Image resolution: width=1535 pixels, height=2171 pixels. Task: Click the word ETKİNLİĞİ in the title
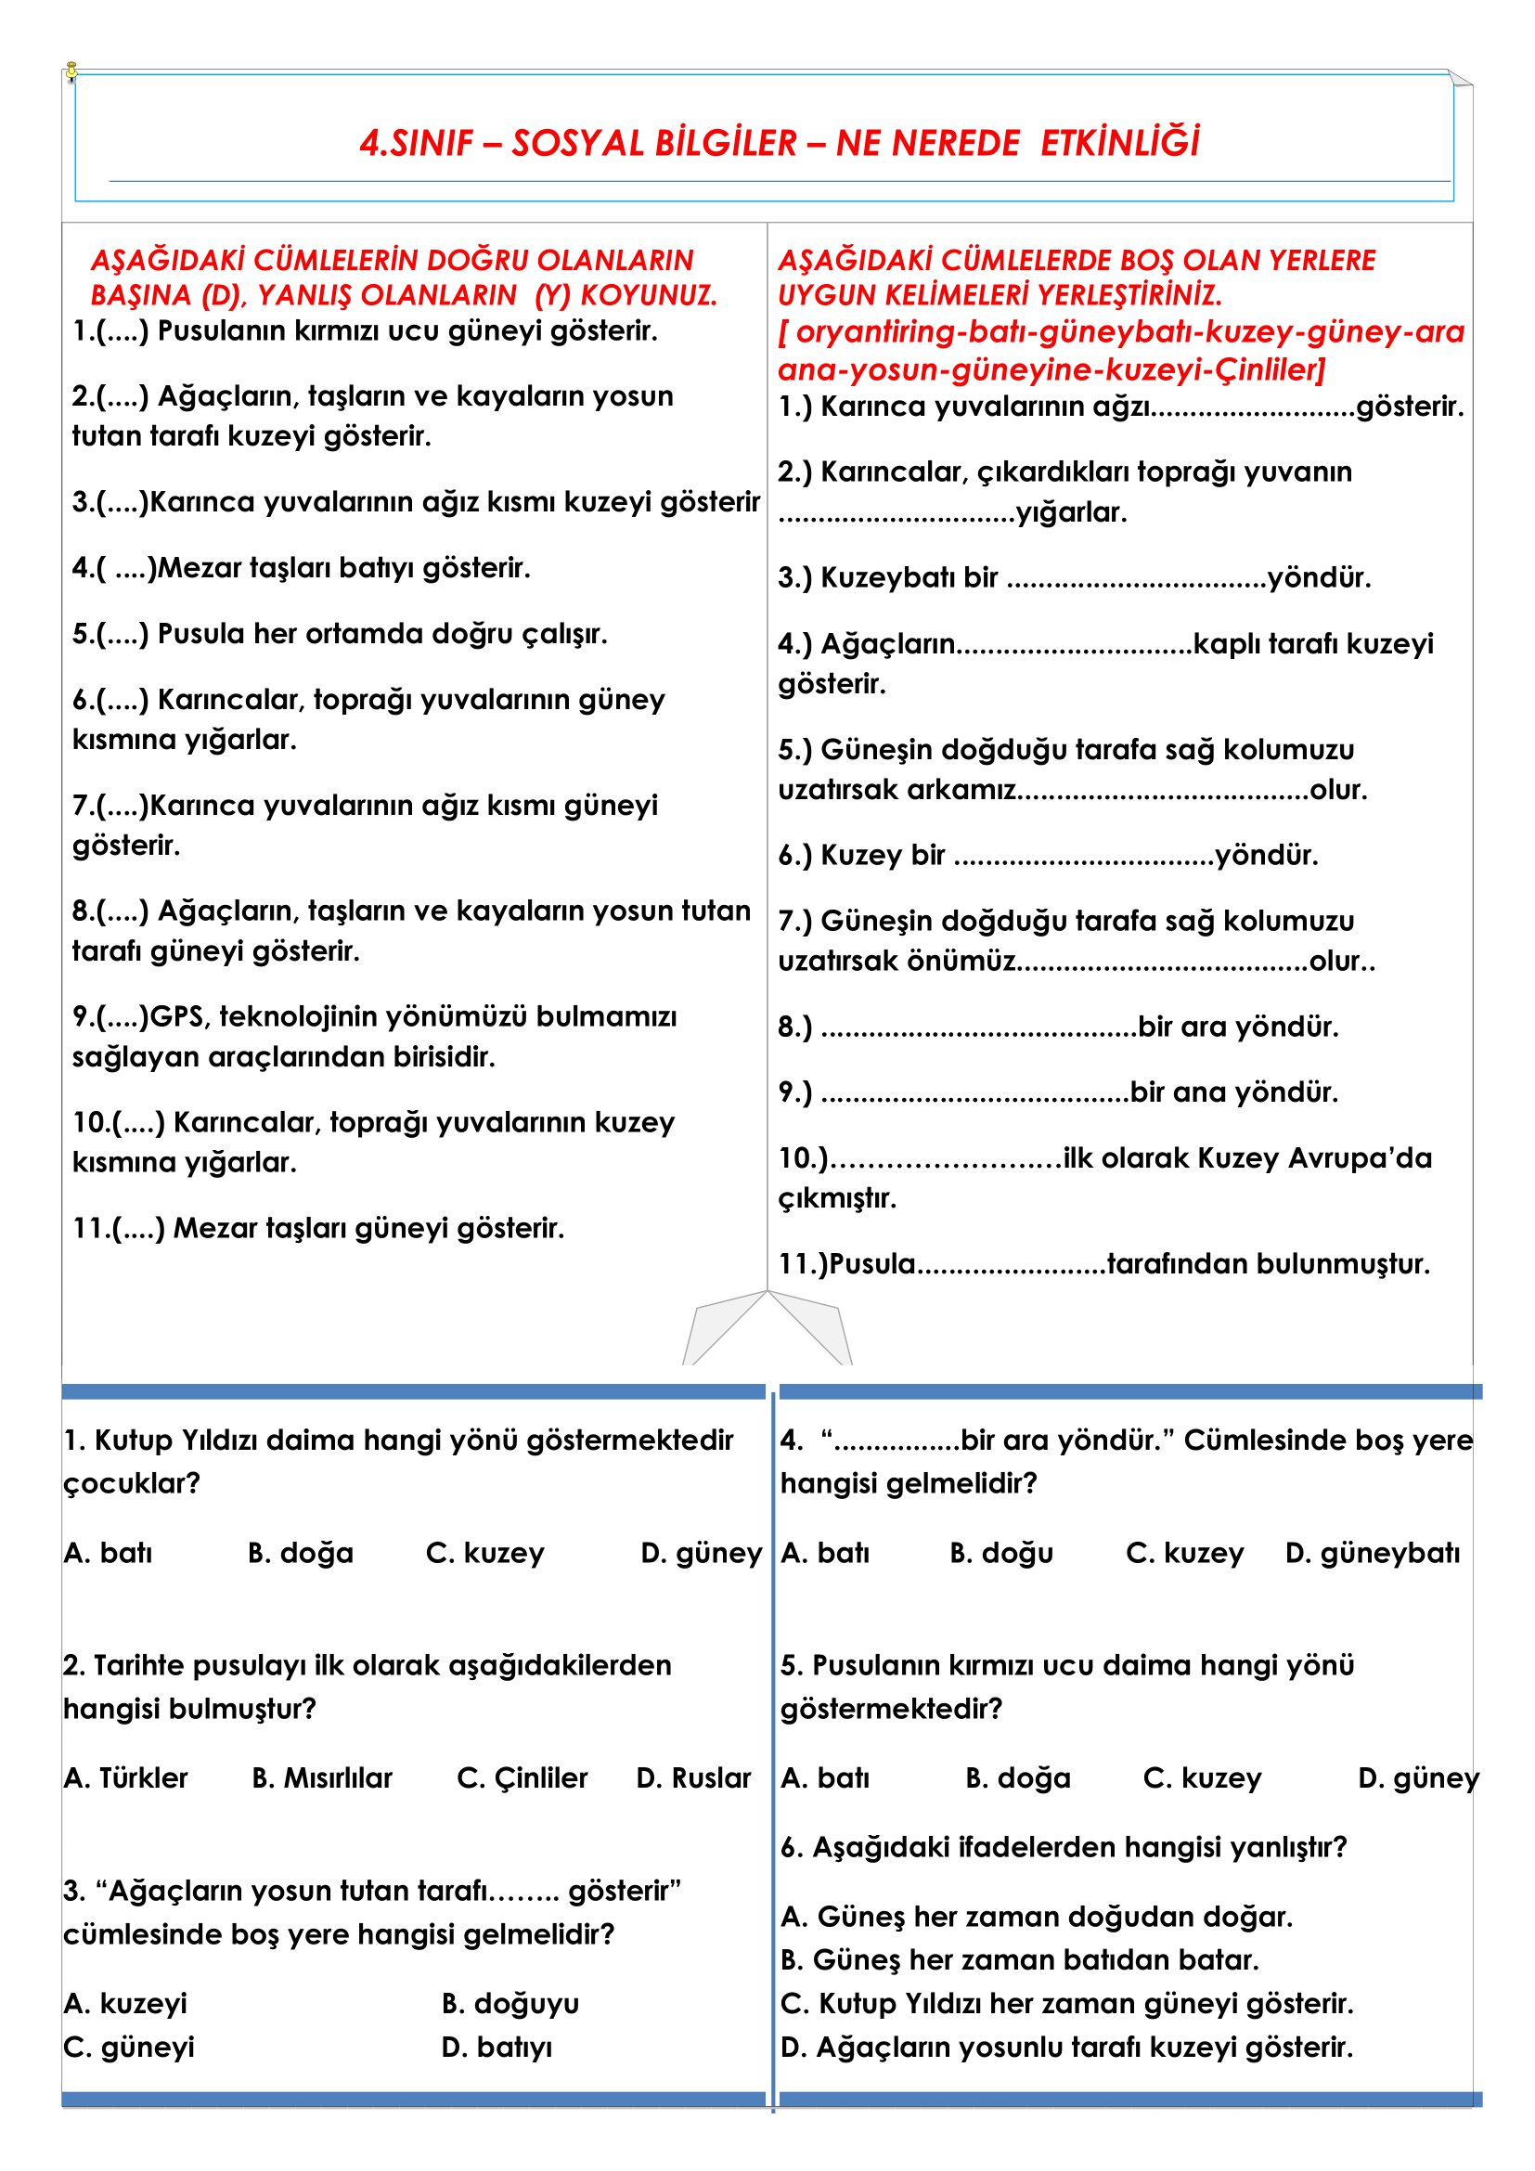click(1120, 143)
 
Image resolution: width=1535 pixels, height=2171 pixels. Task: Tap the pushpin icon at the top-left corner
click(71, 71)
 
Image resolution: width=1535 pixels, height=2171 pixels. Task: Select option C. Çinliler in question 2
click(522, 1777)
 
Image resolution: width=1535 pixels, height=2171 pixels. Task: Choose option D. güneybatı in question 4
click(1373, 1553)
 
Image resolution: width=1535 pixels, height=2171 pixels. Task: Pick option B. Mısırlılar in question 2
click(322, 1777)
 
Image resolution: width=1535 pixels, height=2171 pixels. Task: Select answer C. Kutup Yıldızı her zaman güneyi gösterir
click(1067, 2003)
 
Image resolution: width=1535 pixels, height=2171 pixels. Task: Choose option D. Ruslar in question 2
click(694, 1777)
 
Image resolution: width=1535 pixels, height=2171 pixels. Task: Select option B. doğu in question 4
click(1001, 1553)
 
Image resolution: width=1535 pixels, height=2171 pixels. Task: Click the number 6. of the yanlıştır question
click(791, 1847)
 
